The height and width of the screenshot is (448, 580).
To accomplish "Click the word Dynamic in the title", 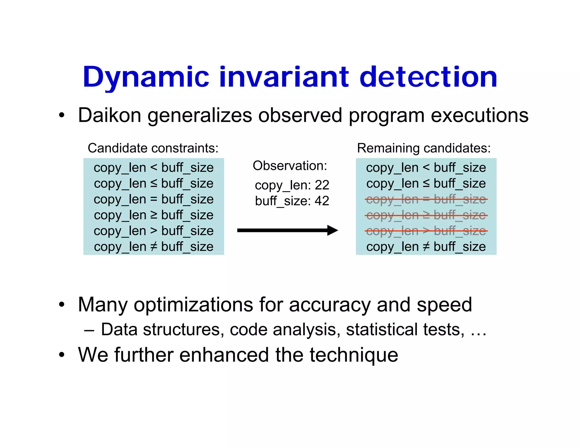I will pos(146,77).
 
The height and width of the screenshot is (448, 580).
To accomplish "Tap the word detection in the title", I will pos(428,77).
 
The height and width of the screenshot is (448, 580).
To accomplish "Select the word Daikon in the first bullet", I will pos(110,115).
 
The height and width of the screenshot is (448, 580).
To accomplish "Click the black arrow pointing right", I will pos(287,230).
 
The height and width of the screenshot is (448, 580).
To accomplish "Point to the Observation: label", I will pos(290,166).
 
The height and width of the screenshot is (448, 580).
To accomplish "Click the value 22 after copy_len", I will pos(322,185).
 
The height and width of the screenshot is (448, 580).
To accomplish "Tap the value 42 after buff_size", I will pos(322,201).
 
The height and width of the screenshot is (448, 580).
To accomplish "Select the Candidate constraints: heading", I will pos(153,148).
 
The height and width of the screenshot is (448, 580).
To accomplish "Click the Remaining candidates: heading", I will pos(424,148).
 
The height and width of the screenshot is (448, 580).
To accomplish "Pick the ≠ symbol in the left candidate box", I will pos(153,247).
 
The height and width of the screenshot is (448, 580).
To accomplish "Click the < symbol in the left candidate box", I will pos(153,167).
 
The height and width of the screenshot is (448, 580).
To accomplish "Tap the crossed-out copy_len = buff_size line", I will pos(426,199).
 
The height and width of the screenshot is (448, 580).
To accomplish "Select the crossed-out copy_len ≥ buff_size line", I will pos(426,215).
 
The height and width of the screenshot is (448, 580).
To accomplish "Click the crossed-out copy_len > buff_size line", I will pos(426,231).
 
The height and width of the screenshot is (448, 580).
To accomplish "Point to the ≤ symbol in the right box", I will pos(426,184).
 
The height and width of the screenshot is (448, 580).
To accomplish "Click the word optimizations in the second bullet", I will pos(193,305).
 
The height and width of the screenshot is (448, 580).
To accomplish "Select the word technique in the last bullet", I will pos(354,355).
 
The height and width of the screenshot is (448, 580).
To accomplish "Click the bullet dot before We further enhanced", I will pos(62,355).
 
